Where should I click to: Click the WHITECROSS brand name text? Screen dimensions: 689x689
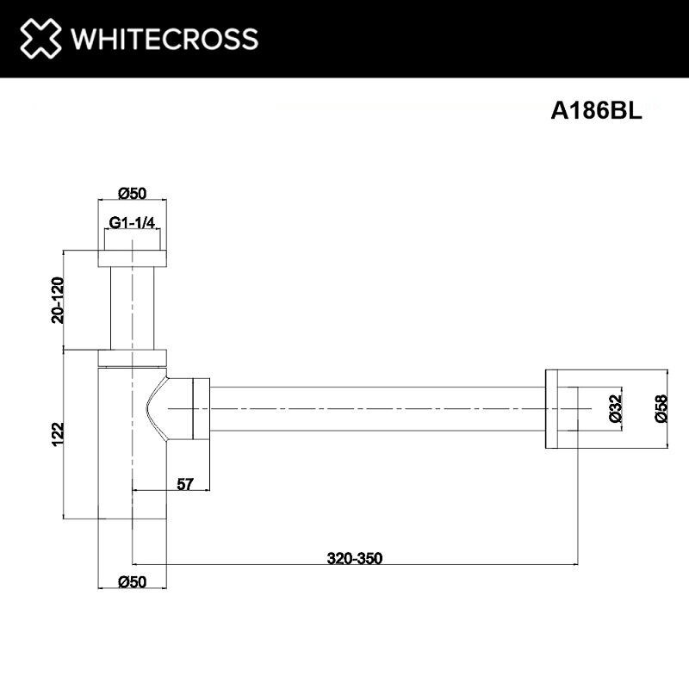(164, 39)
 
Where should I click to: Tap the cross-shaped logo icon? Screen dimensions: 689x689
(40, 38)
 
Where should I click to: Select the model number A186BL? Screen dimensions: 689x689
(596, 110)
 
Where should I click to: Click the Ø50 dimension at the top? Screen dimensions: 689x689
(132, 193)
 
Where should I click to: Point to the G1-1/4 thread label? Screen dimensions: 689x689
(132, 223)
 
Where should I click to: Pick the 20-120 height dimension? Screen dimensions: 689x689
(58, 300)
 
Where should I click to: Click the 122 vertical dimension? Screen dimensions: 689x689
(58, 434)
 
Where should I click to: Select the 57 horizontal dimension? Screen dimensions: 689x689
(184, 484)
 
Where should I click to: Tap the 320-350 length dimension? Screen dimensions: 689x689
(355, 558)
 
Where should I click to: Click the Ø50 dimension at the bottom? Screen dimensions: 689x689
(132, 582)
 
